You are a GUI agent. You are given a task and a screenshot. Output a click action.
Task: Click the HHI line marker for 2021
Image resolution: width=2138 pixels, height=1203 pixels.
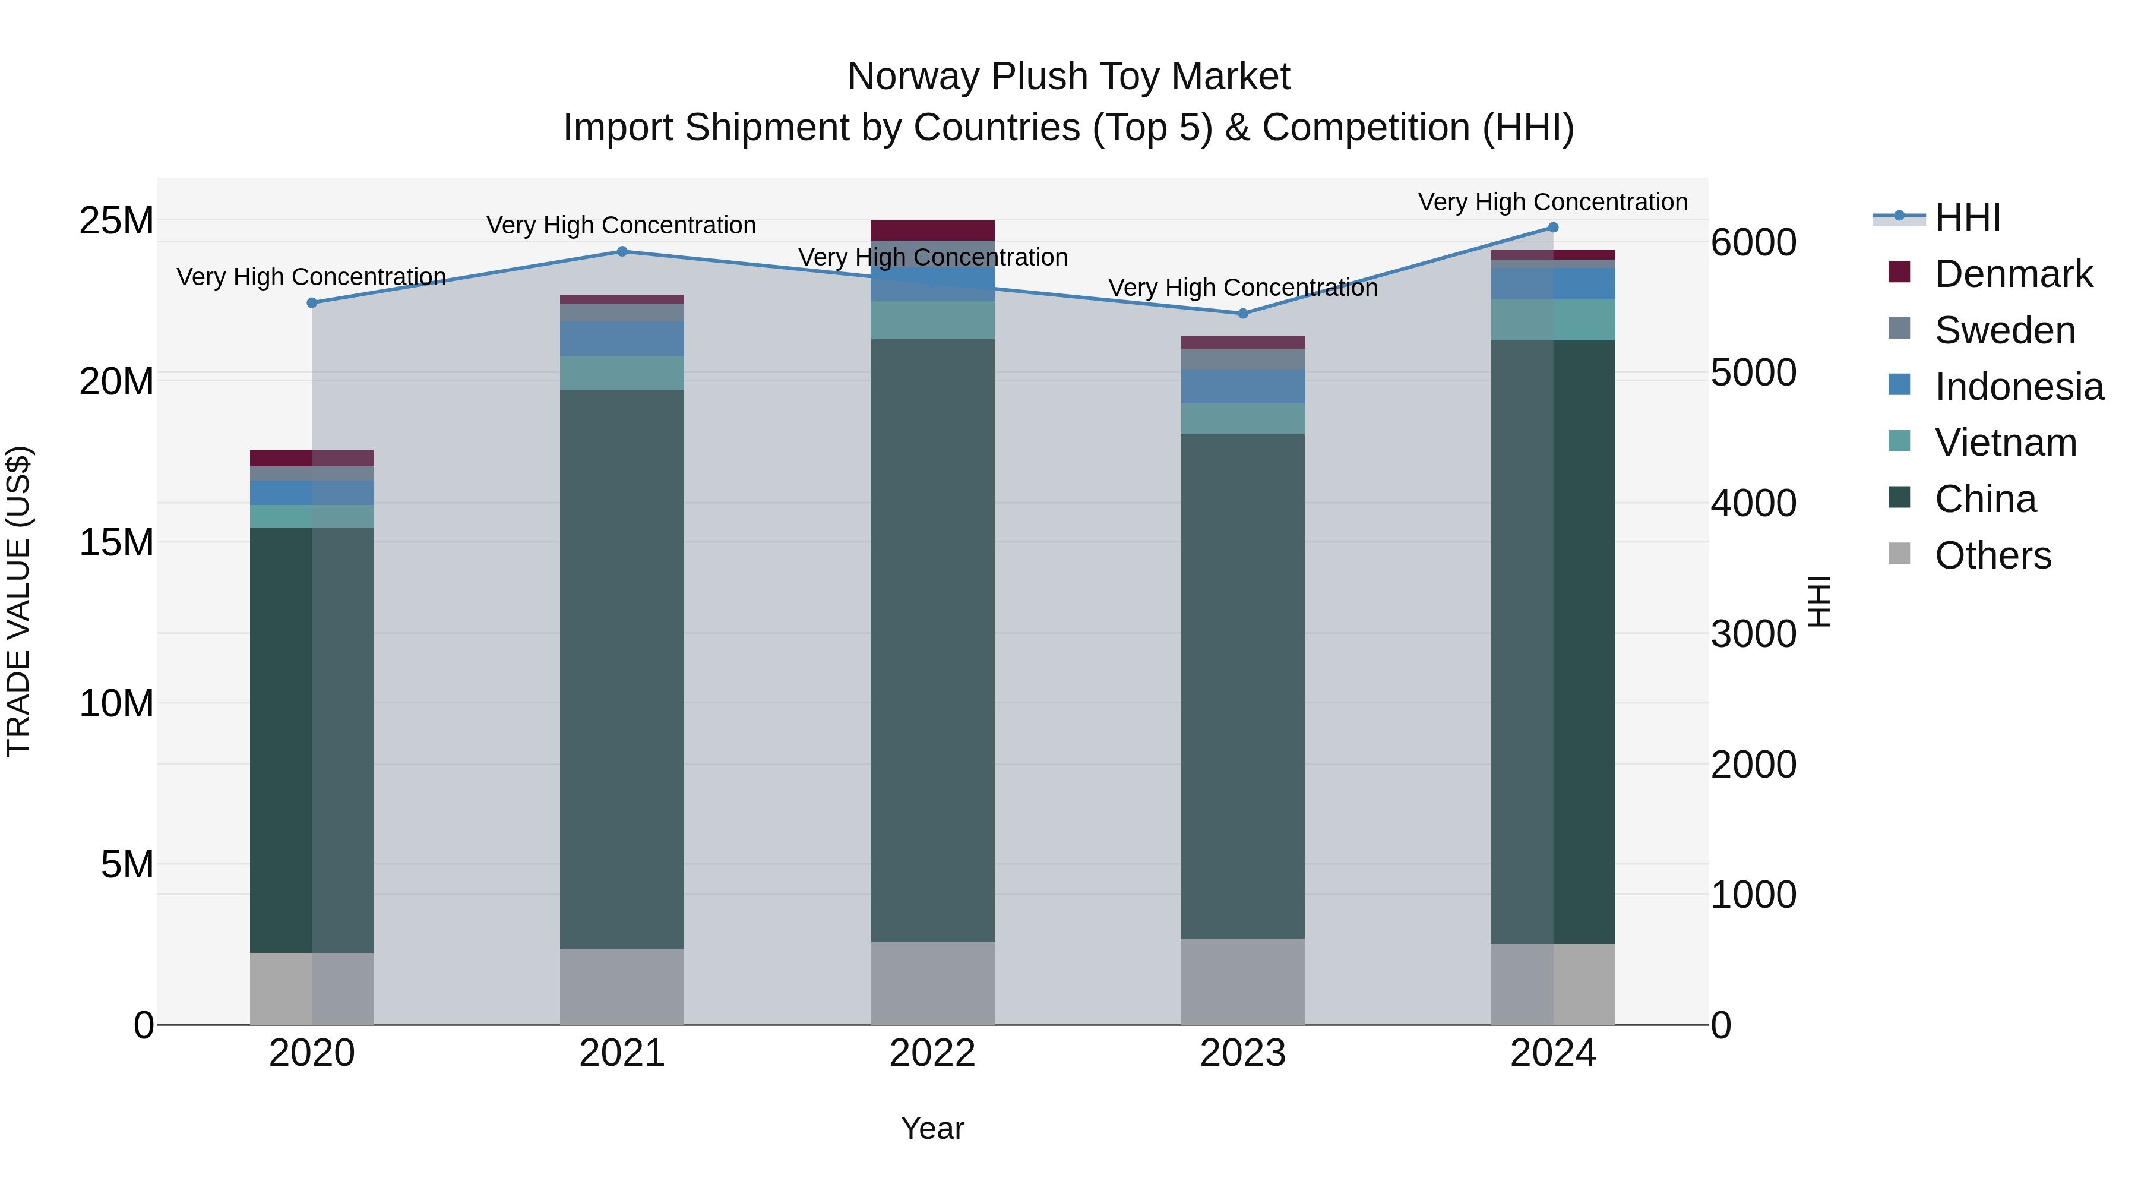[x=622, y=251]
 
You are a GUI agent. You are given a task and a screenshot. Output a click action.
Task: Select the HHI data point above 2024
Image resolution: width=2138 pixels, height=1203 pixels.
[x=1553, y=228]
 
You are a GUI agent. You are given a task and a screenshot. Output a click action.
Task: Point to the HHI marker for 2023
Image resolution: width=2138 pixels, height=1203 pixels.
[x=1242, y=314]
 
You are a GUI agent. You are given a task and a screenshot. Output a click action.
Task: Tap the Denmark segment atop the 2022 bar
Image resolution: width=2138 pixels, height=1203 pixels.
[x=932, y=230]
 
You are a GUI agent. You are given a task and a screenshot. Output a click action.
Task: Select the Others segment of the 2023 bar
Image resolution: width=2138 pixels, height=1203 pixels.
[x=1242, y=981]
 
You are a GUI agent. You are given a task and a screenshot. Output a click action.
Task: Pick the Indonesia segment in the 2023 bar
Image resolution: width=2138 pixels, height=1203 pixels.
[x=1242, y=386]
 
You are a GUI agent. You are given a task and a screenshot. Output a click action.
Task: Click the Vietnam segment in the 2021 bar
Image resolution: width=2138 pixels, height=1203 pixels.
[x=622, y=372]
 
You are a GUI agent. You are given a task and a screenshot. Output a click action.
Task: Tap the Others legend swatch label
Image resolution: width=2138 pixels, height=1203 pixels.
[x=1992, y=555]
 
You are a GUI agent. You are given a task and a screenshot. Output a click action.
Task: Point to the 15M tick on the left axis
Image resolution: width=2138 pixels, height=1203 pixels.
[x=116, y=543]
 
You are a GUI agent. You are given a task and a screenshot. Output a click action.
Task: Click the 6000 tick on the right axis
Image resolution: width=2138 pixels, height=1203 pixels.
[x=1753, y=243]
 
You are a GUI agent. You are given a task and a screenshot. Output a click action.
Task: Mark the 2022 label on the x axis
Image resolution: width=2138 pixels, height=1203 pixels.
[x=932, y=1053]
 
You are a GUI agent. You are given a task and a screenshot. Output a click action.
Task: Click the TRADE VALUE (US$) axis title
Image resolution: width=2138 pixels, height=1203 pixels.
[x=18, y=601]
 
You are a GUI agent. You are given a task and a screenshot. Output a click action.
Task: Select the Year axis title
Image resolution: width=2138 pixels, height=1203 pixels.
[x=932, y=1128]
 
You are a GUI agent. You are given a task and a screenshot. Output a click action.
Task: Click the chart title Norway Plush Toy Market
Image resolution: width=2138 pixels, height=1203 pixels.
[x=1068, y=77]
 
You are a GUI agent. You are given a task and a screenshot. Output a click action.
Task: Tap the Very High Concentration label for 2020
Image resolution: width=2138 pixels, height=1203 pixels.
[x=311, y=276]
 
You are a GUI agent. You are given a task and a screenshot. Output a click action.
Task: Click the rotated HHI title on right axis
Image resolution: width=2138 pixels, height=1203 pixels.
[x=1818, y=601]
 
